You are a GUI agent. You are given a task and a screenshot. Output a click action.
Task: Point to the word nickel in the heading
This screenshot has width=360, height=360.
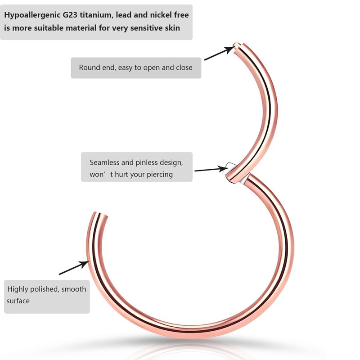161,15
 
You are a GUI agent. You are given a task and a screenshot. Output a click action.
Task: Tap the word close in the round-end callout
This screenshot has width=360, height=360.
184,68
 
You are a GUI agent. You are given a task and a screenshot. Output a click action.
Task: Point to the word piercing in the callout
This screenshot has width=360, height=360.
158,175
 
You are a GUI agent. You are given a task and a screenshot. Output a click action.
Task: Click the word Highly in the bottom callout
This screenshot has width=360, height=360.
18,289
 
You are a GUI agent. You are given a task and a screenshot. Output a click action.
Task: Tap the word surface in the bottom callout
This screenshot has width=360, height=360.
18,301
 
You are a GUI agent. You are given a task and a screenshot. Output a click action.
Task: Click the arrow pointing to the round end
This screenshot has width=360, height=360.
219,53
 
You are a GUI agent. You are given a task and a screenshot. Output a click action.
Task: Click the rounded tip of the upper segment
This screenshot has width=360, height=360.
237,45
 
